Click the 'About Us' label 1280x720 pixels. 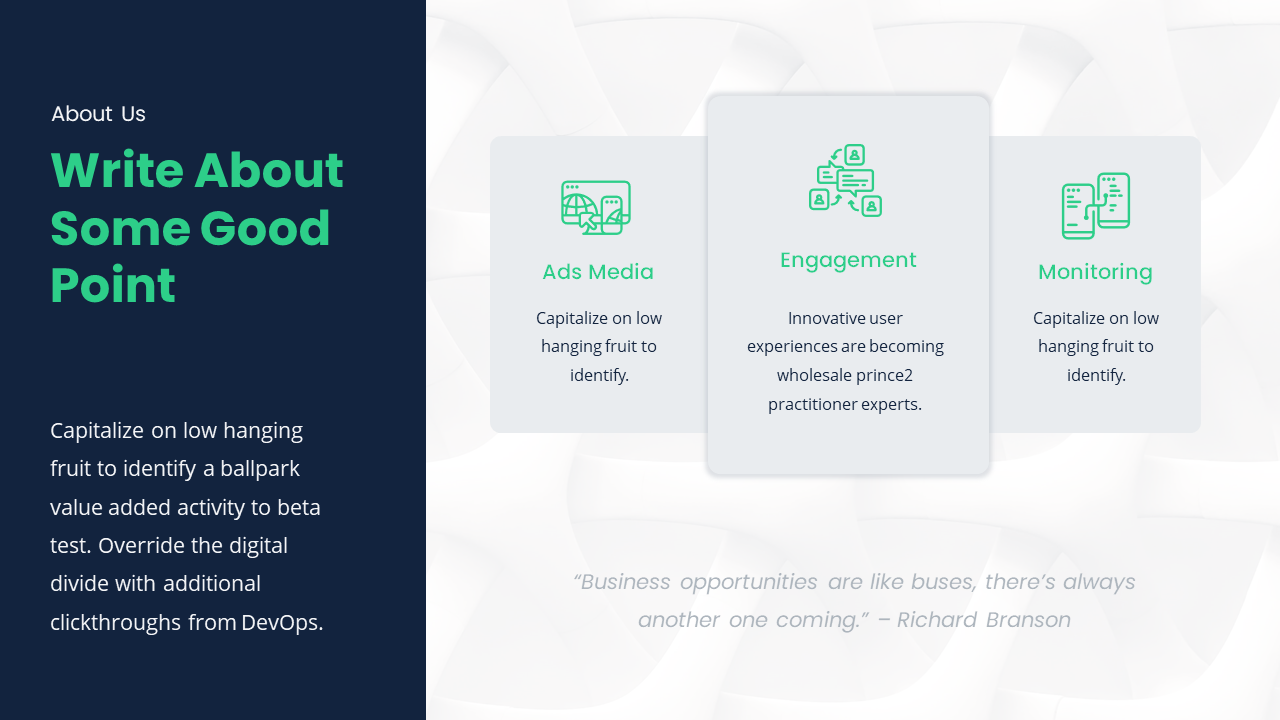click(98, 114)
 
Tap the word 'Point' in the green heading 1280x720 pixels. click(113, 285)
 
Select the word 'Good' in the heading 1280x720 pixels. click(265, 228)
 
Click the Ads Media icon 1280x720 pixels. click(596, 207)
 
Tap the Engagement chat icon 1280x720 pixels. click(845, 181)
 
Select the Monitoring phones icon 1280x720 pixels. click(1095, 206)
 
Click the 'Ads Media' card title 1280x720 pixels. click(598, 272)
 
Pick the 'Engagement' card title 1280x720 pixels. click(848, 260)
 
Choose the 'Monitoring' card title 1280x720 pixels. click(1095, 272)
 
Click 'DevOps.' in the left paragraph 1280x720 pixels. click(282, 622)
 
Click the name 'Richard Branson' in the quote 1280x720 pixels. click(984, 620)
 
